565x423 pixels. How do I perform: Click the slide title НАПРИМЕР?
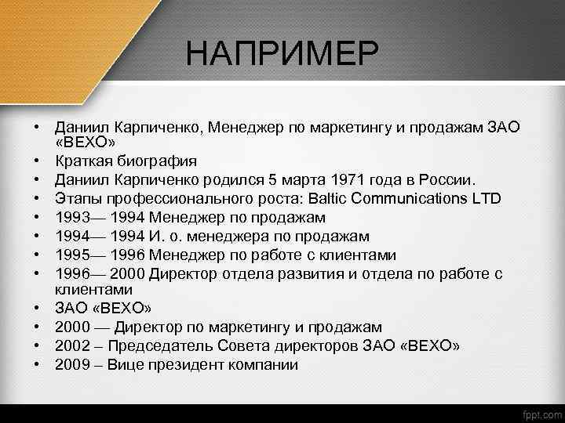[282, 54]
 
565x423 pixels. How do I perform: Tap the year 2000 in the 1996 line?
[129, 274]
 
